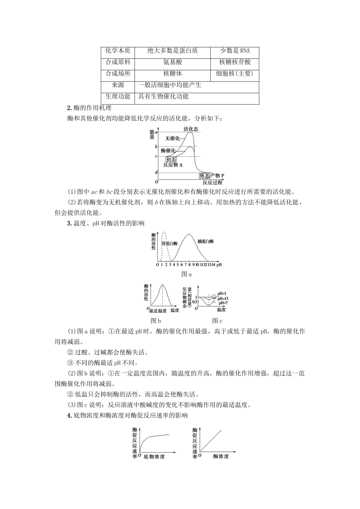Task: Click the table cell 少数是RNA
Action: point(235,51)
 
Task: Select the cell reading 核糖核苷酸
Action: point(235,62)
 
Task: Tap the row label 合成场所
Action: point(117,74)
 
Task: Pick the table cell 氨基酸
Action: point(172,62)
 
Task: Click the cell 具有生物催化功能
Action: point(163,97)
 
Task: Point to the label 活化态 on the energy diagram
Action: point(191,129)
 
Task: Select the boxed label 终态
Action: point(205,175)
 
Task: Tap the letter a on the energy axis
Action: point(156,132)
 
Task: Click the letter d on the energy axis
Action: point(156,172)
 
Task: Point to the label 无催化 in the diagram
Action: point(172,138)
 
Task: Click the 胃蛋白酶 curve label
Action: point(169,244)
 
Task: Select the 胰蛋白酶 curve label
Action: point(206,241)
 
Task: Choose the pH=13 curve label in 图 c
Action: point(223,298)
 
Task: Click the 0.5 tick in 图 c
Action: point(194,301)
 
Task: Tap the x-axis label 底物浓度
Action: point(154,457)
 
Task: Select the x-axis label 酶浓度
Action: point(221,457)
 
